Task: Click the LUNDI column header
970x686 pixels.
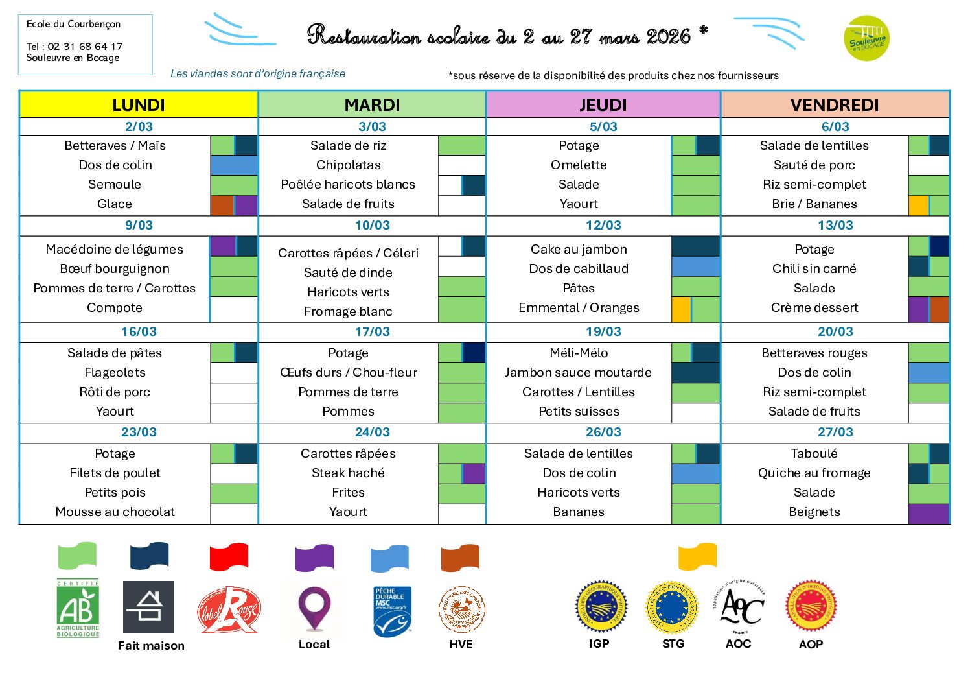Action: click(x=138, y=104)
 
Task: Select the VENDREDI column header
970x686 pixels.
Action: click(x=835, y=104)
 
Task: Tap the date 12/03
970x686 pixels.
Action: click(x=603, y=225)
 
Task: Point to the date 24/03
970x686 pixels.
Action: click(x=372, y=432)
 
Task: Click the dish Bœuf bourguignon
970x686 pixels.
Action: click(x=115, y=268)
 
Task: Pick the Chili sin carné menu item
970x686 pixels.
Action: click(x=814, y=268)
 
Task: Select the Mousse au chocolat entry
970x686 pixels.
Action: click(x=115, y=512)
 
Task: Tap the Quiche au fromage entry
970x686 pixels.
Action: click(x=814, y=473)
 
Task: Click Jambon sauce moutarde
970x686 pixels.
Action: click(x=578, y=372)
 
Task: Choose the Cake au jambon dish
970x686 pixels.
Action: click(x=579, y=249)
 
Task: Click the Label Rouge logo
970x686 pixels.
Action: click(x=228, y=609)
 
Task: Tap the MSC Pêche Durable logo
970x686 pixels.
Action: click(x=392, y=611)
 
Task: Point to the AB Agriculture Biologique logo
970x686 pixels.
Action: click(x=78, y=608)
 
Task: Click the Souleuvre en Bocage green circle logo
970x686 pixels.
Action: click(x=867, y=39)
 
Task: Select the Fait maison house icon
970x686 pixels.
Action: click(x=148, y=607)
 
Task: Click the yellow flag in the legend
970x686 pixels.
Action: click(x=697, y=556)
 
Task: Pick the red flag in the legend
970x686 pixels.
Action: click(x=229, y=556)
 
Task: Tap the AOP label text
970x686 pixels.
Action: click(x=811, y=644)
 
